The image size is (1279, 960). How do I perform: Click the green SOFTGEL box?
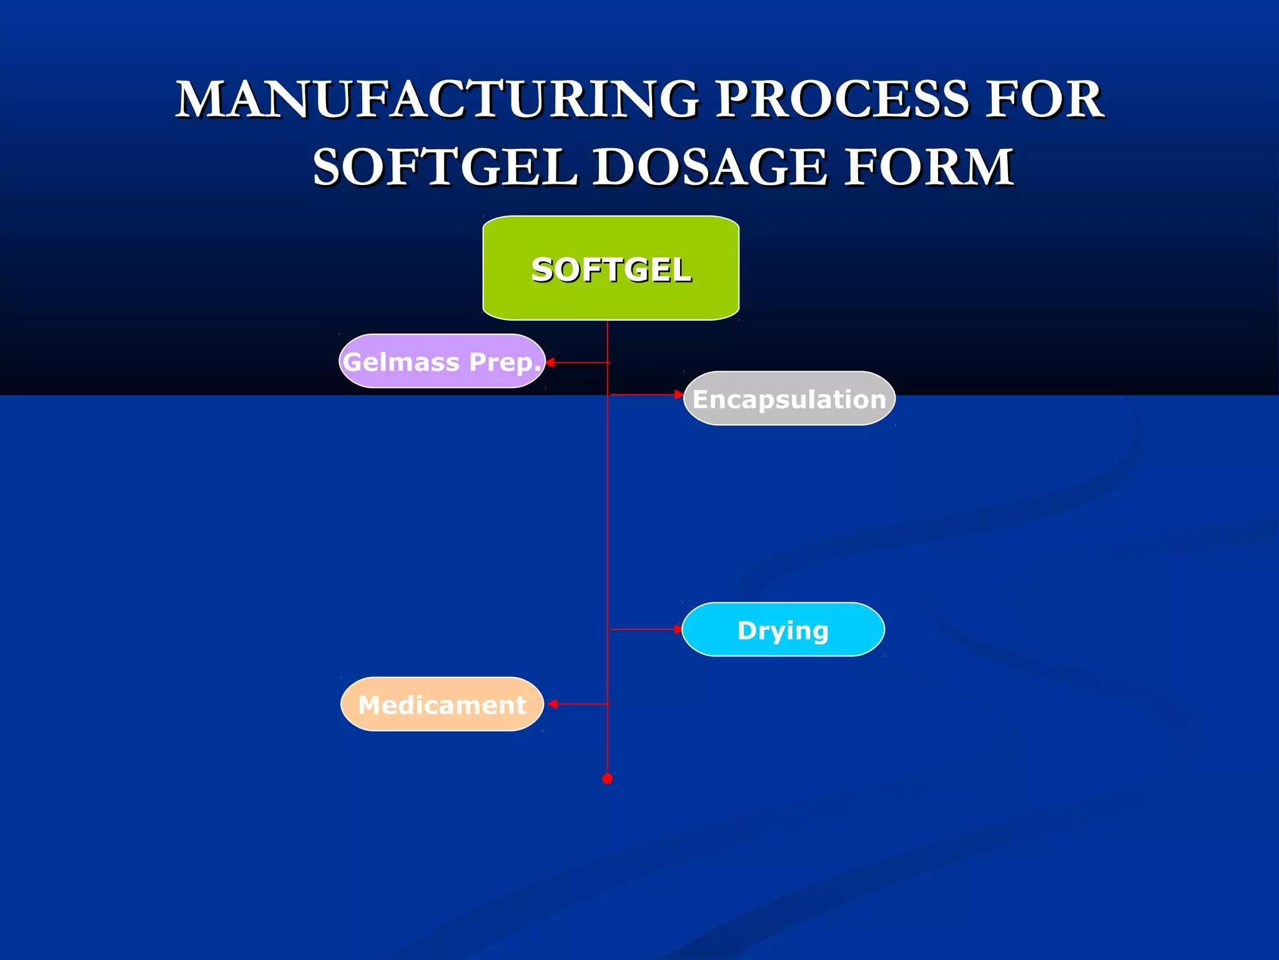tap(611, 268)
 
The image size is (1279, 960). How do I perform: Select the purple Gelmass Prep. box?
tap(442, 361)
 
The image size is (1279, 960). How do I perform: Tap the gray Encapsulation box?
tap(789, 399)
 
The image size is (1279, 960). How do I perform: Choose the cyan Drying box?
tap(783, 629)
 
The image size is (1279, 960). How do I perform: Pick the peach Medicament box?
tap(442, 704)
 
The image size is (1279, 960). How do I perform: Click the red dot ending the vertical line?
tap(607, 779)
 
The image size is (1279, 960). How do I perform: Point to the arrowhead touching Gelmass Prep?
tap(550, 362)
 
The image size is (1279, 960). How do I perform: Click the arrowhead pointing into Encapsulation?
tap(679, 394)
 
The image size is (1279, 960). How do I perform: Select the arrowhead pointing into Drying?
tap(678, 629)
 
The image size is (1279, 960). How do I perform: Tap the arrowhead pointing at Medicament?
tap(552, 704)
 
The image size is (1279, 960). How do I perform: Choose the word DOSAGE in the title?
tap(709, 167)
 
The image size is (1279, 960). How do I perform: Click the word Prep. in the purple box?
tap(505, 362)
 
